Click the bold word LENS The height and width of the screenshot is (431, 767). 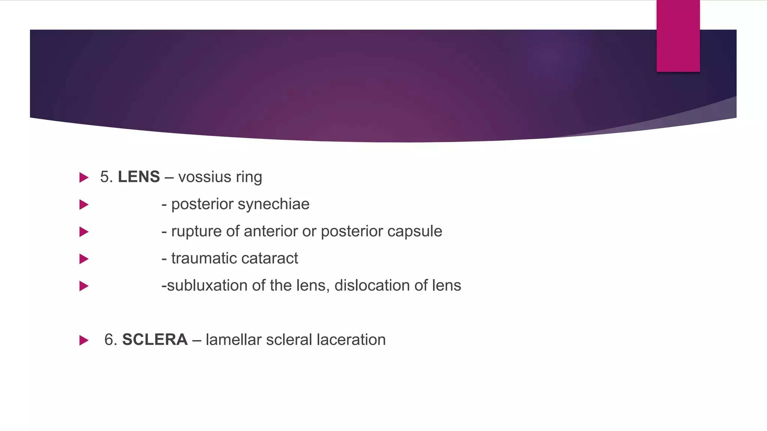[139, 177]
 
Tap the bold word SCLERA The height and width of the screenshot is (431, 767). [155, 340]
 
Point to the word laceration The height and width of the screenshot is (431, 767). [351, 340]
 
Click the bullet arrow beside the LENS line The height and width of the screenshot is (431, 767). [84, 177]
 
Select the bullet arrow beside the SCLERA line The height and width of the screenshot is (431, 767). [84, 340]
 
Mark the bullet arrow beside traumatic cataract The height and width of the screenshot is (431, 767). [84, 259]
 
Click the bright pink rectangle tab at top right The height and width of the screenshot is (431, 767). [678, 36]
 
